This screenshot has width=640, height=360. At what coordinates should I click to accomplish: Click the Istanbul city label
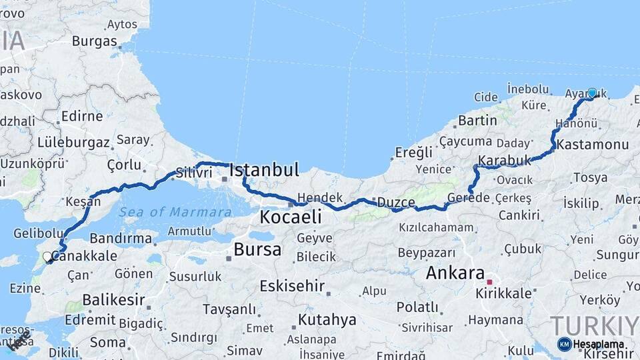[264, 170]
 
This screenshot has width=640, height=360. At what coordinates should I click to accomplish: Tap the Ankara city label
[455, 273]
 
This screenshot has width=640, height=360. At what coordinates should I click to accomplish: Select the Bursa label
[257, 250]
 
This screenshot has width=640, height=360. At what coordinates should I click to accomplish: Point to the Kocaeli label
[290, 217]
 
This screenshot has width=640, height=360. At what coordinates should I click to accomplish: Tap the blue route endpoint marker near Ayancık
[591, 93]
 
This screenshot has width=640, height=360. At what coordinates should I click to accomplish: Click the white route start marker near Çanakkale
[47, 256]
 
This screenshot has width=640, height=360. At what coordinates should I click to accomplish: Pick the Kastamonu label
[593, 145]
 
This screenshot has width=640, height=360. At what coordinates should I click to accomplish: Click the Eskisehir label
[292, 287]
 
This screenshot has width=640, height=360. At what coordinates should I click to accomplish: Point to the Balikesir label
[113, 300]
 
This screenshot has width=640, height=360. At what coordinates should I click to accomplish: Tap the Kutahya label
[327, 320]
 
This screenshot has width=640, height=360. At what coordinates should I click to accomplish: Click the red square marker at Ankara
[489, 282]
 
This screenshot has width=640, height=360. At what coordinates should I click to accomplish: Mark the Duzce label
[396, 201]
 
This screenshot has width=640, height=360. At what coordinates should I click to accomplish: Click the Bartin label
[477, 121]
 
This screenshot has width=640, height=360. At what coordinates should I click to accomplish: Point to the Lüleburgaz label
[73, 142]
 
